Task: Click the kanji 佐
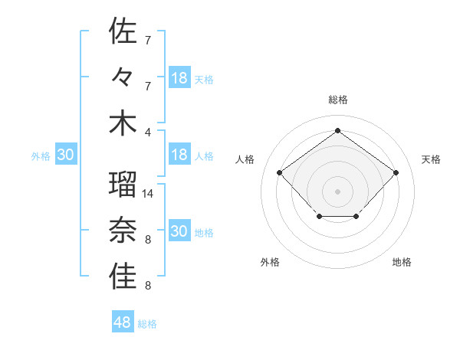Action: coord(123,32)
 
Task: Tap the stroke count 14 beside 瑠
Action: coord(149,194)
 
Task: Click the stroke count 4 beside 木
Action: coord(147,130)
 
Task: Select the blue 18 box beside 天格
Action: coord(179,77)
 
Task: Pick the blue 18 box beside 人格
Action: coord(179,155)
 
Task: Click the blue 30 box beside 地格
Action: coord(179,231)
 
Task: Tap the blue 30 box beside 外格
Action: coord(65,155)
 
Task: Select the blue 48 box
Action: coord(123,322)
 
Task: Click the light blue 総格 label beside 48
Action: coord(147,324)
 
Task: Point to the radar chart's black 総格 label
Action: coord(338,100)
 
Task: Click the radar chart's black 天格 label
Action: coord(432,159)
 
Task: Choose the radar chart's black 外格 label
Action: coord(270,262)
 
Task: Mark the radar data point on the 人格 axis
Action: coord(280,172)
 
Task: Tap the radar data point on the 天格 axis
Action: coord(396,172)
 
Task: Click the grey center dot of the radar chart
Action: coord(337,191)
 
